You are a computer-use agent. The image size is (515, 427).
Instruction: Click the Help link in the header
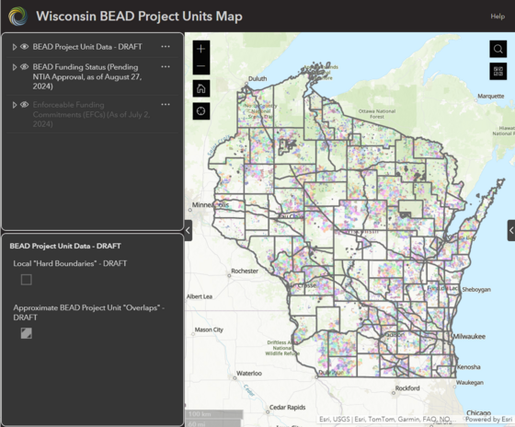(498, 17)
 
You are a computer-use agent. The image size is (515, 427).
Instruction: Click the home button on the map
(201, 88)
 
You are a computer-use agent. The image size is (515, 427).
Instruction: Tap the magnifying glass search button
(498, 49)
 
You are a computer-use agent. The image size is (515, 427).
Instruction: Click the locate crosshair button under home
(201, 110)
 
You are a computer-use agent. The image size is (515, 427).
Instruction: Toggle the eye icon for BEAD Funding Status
(25, 67)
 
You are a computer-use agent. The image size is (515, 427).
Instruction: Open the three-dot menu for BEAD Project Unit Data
(166, 46)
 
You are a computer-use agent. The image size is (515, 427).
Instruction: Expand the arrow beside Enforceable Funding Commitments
(14, 105)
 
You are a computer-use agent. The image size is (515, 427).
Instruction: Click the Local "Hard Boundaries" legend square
(27, 280)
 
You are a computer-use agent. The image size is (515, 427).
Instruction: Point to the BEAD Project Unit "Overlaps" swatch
(27, 333)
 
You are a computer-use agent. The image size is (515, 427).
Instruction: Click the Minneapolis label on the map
(212, 205)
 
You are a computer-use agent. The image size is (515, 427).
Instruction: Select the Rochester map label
(246, 271)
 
